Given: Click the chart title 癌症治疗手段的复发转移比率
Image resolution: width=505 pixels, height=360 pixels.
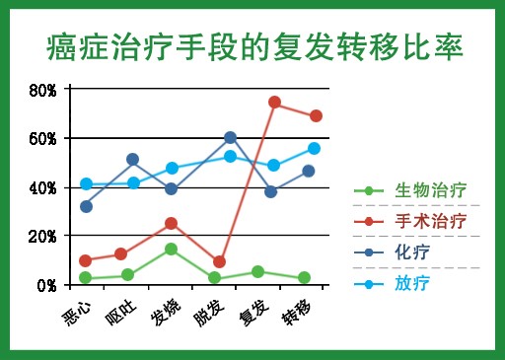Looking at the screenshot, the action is pos(254,47).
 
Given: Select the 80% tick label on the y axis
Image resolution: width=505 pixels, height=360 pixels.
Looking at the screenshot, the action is pos(42,90).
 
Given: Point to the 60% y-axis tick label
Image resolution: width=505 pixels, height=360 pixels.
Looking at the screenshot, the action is pos(42,139).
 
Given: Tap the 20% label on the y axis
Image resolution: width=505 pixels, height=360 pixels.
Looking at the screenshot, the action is pos(42,237).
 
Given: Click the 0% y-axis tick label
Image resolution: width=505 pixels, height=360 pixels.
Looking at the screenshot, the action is pos(46,286).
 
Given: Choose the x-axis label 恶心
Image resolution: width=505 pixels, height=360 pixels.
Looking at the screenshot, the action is pos(76,313).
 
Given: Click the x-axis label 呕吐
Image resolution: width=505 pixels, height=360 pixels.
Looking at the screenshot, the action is pos(120,313).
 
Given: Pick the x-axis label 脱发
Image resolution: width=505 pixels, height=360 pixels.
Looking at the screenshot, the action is pos(209,313).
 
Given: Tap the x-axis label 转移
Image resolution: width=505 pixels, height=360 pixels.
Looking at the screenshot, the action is pos(296,312).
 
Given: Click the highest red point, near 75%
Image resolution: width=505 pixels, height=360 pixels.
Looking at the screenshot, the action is pos(274,103).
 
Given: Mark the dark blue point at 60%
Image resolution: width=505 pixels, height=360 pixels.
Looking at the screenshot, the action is pos(231,137).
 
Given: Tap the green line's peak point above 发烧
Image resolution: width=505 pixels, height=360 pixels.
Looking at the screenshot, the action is pos(171,249).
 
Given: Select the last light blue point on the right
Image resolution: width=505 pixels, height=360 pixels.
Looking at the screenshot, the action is pos(314,148).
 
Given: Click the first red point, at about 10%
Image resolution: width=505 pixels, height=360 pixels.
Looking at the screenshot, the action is pos(86,260).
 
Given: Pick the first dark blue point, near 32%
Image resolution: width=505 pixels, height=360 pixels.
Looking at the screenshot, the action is pos(86,206).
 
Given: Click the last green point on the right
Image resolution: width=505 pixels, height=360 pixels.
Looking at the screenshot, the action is pos(304,277).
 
